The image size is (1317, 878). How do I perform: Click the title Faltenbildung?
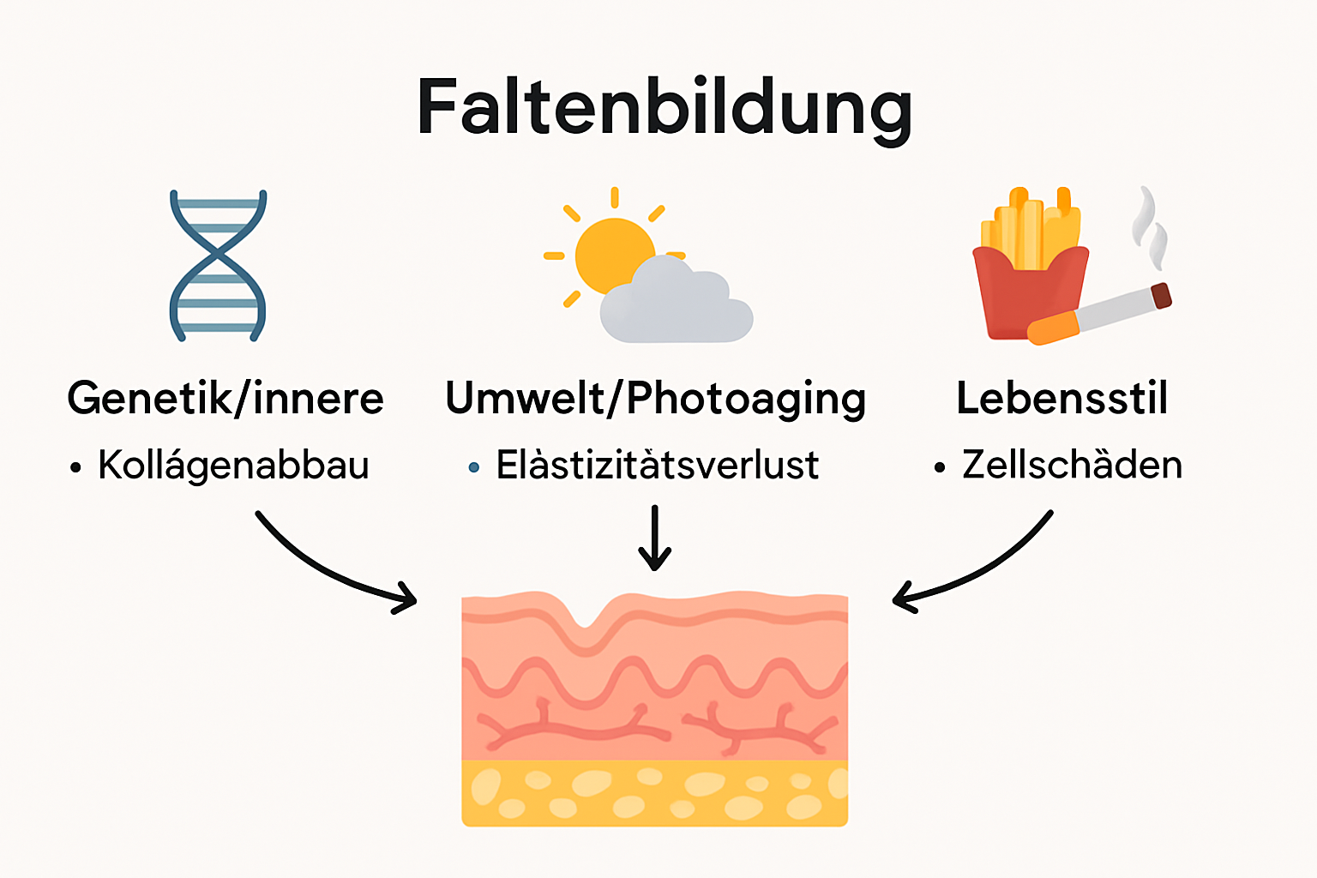coord(664,109)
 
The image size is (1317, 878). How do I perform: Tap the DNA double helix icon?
coord(218,265)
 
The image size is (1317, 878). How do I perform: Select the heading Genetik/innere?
coord(226,399)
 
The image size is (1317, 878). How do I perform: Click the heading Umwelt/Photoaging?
coord(656,400)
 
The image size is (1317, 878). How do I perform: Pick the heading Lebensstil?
coord(1061,399)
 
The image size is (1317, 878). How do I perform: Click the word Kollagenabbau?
coord(233,466)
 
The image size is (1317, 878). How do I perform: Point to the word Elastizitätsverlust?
coord(658,466)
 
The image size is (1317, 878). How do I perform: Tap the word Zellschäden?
coord(1072,466)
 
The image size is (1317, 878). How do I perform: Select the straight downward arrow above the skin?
coord(655,538)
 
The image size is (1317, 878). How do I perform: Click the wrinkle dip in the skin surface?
coord(586,619)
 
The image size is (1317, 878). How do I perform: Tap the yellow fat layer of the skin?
coord(655,793)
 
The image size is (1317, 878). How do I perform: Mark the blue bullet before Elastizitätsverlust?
coord(474,467)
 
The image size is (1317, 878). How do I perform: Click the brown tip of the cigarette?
coord(1161,296)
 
